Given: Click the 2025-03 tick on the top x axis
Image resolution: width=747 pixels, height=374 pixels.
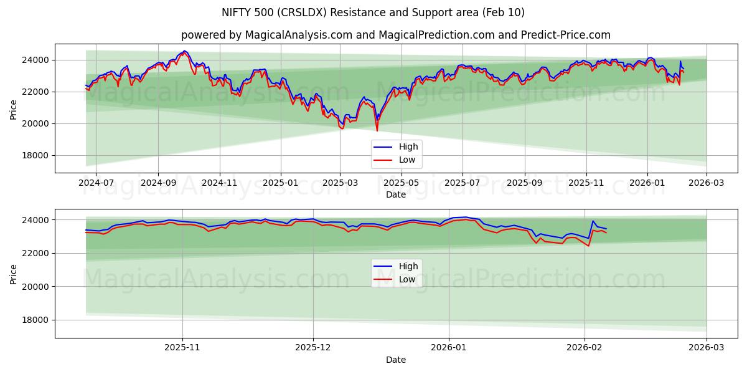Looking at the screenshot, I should click(340, 183).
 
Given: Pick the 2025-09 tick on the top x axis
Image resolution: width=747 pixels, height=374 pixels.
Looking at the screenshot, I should click(524, 183).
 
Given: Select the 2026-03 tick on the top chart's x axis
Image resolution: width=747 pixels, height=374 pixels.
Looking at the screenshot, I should click(707, 183).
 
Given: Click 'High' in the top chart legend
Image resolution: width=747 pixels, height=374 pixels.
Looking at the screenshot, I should click(408, 146).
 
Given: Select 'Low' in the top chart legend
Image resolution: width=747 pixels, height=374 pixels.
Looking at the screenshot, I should click(407, 160).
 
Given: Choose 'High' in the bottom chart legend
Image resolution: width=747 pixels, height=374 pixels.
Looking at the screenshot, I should click(408, 266).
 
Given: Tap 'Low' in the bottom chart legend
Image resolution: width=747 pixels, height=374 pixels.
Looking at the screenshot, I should click(407, 279).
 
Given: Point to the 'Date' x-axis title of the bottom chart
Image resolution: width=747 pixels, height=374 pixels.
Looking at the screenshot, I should click(395, 360).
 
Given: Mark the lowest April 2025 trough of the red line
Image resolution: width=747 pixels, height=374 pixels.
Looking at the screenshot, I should click(377, 130).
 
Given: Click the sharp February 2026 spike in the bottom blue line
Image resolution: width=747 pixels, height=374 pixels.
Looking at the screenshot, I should click(593, 221).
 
